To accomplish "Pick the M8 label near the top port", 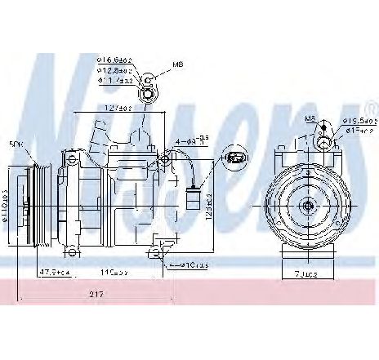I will (x=179, y=64).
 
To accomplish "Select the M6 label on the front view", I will (x=310, y=119).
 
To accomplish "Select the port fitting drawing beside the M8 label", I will (x=149, y=85).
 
